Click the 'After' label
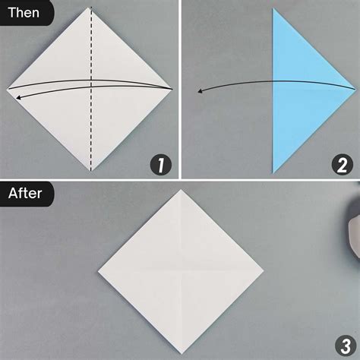pyautogui.click(x=25, y=193)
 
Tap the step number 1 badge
pyautogui.click(x=161, y=163)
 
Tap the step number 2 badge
pyautogui.click(x=341, y=163)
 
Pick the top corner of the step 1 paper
pyautogui.click(x=90, y=8)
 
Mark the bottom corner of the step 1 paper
pyautogui.click(x=90, y=172)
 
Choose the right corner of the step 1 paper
pyautogui.click(x=174, y=90)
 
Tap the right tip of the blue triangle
pyautogui.click(x=354, y=90)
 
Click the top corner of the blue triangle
pyautogui.click(x=273, y=9)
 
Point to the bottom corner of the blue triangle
pyautogui.click(x=273, y=172)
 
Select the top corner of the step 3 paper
pyautogui.click(x=181, y=190)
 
